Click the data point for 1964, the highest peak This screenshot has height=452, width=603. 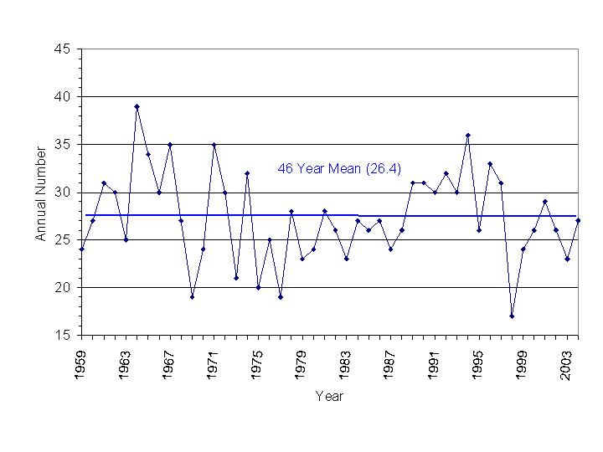click(137, 106)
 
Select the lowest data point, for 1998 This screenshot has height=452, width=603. click(511, 316)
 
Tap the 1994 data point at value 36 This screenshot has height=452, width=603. click(467, 135)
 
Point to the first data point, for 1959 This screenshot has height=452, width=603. click(81, 249)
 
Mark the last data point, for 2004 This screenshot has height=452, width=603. click(577, 220)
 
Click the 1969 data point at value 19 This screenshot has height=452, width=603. click(192, 296)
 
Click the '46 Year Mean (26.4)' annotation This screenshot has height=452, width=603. click(339, 169)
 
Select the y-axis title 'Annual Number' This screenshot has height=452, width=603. click(40, 193)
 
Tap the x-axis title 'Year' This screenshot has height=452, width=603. click(329, 396)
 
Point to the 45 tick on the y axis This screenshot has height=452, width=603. click(63, 49)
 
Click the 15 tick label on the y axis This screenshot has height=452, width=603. click(63, 336)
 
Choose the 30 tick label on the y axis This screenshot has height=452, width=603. click(63, 193)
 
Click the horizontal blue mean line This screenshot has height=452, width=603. click(251, 215)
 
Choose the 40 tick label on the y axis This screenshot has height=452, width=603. click(63, 97)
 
